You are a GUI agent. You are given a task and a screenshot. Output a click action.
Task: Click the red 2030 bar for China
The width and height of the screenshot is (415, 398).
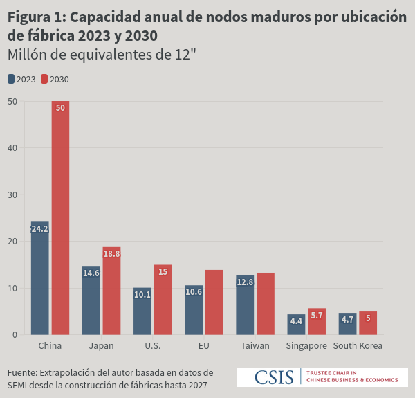[x=60, y=218]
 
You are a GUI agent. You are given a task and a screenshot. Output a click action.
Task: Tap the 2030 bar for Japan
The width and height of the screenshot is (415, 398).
[x=111, y=291]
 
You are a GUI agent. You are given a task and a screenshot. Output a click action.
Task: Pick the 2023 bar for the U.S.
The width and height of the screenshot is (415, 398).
[x=142, y=311]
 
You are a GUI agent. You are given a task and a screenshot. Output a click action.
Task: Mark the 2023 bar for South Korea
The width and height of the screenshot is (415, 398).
[x=347, y=323]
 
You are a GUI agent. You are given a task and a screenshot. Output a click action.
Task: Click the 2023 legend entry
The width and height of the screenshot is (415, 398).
[x=21, y=79]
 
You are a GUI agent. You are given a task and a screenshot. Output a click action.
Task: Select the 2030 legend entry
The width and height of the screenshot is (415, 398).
[x=55, y=79]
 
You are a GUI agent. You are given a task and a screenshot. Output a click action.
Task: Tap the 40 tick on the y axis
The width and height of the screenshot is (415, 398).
[x=12, y=147]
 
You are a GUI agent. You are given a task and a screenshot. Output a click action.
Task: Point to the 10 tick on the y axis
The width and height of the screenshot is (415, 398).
[x=12, y=288]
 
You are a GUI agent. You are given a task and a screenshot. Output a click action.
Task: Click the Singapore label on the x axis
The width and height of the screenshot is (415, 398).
[x=306, y=345]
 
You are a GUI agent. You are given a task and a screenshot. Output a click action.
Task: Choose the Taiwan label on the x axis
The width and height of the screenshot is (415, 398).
[x=255, y=345]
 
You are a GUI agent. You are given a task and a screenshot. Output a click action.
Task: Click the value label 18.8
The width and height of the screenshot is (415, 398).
[x=111, y=254]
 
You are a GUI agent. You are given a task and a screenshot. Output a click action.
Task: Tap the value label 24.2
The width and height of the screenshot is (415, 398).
[x=39, y=228]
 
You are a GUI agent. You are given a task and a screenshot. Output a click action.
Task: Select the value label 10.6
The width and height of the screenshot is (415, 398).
[x=194, y=292]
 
